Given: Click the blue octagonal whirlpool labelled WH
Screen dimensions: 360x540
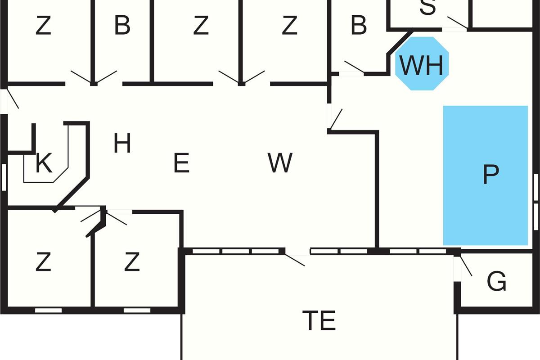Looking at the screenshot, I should (x=422, y=64).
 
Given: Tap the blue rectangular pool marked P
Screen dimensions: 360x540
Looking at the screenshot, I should (x=485, y=175).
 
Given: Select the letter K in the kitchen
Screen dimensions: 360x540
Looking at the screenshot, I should (x=44, y=164).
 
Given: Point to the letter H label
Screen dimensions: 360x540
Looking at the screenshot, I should (x=122, y=144).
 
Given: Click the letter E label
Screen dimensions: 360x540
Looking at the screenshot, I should (x=181, y=163).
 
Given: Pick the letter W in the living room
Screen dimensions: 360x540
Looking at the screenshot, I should (x=280, y=163).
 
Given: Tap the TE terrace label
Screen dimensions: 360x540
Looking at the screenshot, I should (x=319, y=321).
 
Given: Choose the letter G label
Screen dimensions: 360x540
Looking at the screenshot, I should (x=496, y=282).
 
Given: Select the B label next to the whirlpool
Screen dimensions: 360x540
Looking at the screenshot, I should (x=359, y=26).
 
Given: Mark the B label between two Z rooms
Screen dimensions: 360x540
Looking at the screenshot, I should (x=122, y=26).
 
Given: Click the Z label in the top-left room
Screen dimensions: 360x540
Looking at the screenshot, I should (x=43, y=26).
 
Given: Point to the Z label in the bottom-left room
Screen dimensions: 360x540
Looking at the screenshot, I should (x=43, y=263).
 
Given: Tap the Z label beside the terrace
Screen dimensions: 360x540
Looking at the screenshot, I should (x=131, y=263).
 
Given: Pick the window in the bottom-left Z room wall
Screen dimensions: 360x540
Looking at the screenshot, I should (x=48, y=310).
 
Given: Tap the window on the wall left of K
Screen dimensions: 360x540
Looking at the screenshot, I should (x=4, y=177).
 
